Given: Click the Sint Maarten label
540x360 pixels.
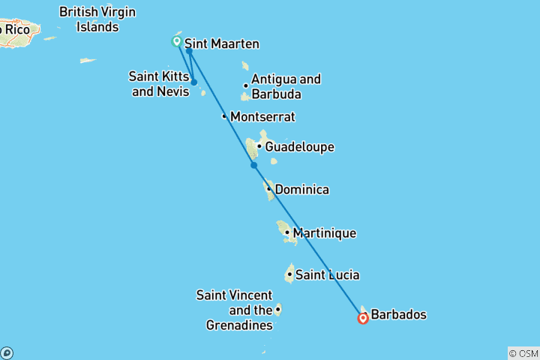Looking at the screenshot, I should click(221, 44).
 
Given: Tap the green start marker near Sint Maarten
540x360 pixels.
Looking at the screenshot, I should click(177, 41).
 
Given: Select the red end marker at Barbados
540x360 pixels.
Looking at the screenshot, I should click(364, 318).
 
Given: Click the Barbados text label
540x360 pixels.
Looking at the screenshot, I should click(399, 315).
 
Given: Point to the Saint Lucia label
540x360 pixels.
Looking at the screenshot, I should click(327, 274).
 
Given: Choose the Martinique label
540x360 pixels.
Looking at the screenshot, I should click(324, 233).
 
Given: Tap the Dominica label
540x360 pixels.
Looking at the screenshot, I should click(301, 190).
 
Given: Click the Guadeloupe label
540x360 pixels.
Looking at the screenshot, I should click(299, 147).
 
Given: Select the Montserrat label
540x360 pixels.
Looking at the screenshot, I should click(262, 117).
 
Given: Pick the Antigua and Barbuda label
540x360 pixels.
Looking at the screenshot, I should click(286, 87).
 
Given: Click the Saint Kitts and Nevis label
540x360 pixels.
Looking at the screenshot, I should click(159, 83).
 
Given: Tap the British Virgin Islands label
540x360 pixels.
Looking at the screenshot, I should click(99, 19).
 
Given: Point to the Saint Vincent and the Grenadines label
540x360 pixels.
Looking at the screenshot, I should click(234, 310).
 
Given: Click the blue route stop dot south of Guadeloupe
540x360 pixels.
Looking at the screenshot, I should click(253, 165).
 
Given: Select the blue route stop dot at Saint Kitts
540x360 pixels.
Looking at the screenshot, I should click(193, 82).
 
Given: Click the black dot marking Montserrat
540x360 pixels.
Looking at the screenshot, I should click(224, 116).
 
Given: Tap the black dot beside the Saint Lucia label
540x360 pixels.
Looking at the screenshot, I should click(289, 274).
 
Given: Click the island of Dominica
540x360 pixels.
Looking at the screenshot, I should click(268, 188).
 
